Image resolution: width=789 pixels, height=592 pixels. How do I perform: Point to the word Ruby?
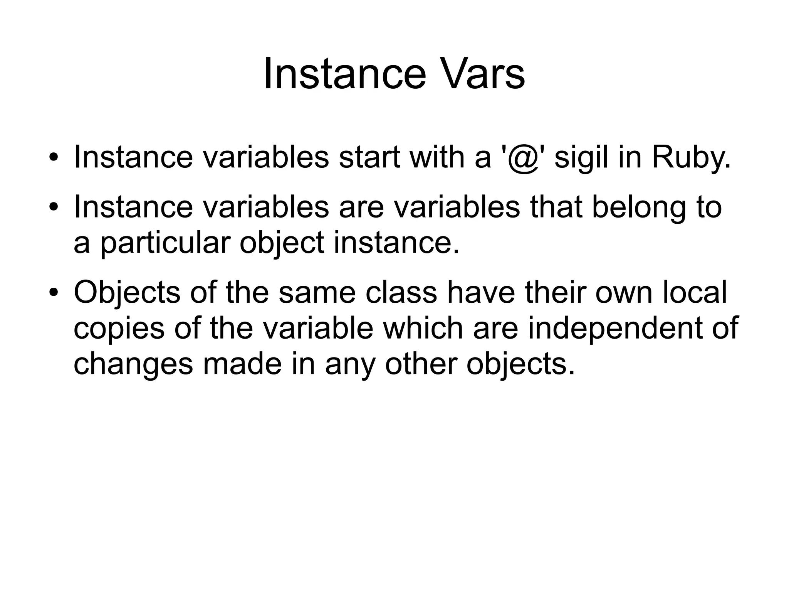pyautogui.click(x=690, y=158)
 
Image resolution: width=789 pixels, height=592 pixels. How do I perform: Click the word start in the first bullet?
pyautogui.click(x=369, y=157)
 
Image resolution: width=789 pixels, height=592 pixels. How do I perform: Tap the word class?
pyautogui.click(x=401, y=292)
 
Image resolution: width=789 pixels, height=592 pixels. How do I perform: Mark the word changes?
pyautogui.click(x=133, y=364)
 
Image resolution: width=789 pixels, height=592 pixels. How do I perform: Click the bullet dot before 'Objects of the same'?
pyautogui.click(x=53, y=293)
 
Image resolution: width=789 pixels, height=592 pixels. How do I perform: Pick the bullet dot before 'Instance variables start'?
pyautogui.click(x=53, y=158)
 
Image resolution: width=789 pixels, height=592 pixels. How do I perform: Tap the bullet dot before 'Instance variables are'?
pyautogui.click(x=53, y=207)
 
